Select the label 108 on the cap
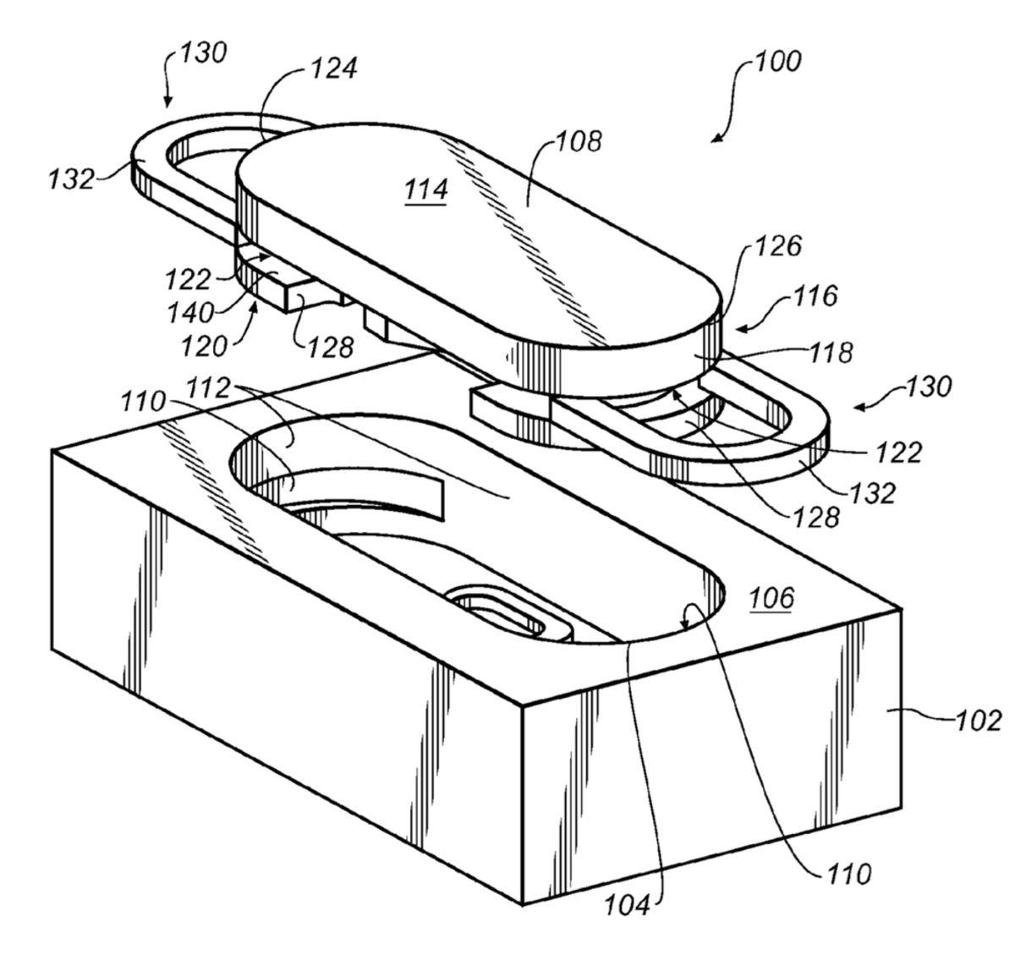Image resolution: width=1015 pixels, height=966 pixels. coord(579,141)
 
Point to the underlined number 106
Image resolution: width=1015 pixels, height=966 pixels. coord(771,599)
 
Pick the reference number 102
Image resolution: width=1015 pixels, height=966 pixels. coord(979,721)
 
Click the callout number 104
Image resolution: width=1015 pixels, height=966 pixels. coord(627,905)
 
